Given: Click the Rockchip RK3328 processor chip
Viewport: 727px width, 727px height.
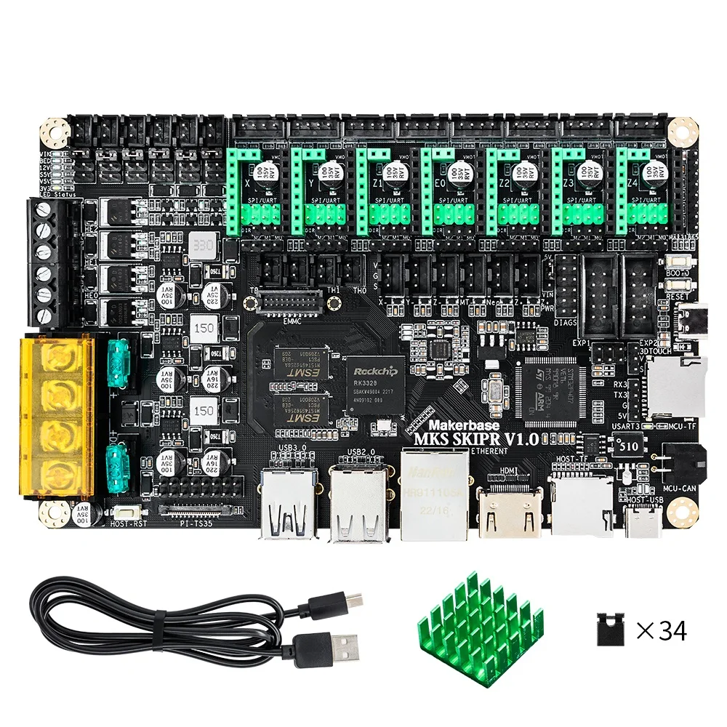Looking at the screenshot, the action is (x=374, y=385).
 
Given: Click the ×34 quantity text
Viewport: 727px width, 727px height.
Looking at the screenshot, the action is (x=661, y=630).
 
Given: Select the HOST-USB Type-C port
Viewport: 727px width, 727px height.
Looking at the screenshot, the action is (x=642, y=521).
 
